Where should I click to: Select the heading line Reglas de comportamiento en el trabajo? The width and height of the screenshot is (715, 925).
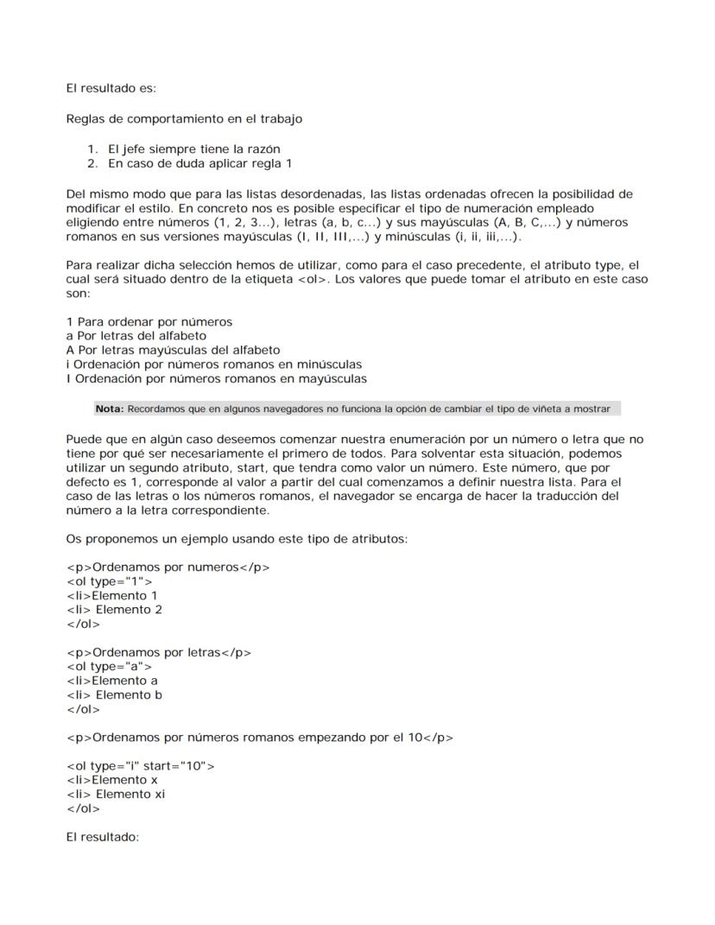[184, 118]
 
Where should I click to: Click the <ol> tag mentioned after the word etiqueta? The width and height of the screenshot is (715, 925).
[314, 279]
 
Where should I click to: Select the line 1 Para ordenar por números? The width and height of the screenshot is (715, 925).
[149, 322]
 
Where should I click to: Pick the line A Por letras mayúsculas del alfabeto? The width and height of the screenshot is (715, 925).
[173, 351]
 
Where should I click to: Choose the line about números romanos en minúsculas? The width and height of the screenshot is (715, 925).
[213, 364]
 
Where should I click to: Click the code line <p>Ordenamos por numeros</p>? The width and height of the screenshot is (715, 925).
[168, 567]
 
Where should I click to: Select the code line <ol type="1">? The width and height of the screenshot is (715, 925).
[109, 582]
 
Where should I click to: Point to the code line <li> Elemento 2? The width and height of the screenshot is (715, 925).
[114, 610]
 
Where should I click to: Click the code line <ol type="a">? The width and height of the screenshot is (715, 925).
[109, 667]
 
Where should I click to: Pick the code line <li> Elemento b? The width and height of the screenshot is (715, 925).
[114, 695]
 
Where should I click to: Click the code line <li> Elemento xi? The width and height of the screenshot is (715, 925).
[115, 795]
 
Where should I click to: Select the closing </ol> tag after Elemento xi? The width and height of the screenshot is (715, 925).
[83, 809]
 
